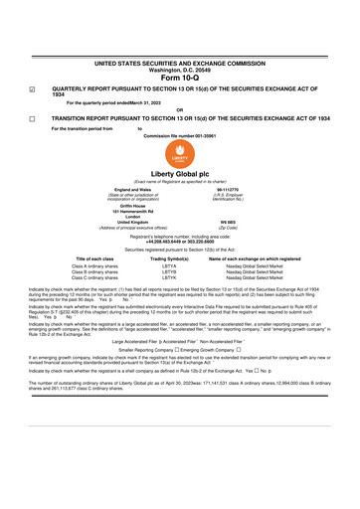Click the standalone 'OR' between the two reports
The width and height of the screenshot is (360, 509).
[x=179, y=109]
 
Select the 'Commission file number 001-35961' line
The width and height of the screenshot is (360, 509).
[x=179, y=135]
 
